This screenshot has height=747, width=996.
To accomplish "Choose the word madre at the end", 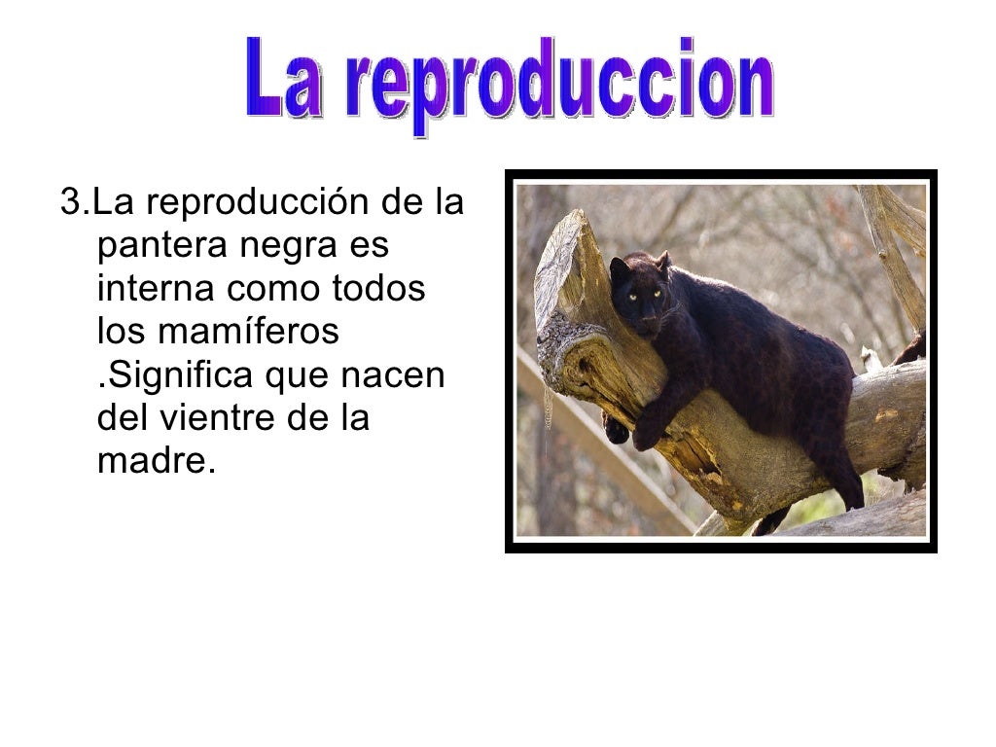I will (x=152, y=459).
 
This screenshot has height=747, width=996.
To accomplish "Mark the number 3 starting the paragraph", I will (x=68, y=204).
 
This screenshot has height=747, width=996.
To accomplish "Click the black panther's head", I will (x=638, y=292).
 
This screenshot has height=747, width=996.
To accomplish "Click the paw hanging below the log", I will (x=617, y=429).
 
